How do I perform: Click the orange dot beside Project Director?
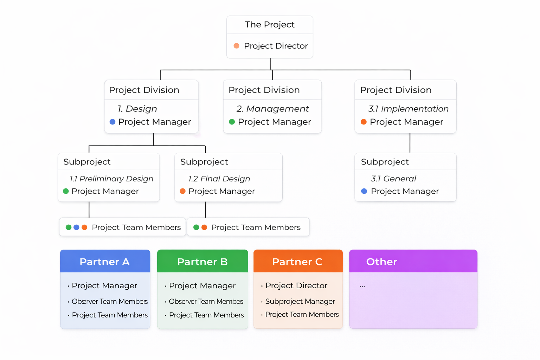(x=237, y=46)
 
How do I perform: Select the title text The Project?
(x=270, y=25)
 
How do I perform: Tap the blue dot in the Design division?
(x=112, y=122)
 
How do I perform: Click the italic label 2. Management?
(x=272, y=109)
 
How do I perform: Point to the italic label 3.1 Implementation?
(x=408, y=109)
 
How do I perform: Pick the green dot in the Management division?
(x=232, y=122)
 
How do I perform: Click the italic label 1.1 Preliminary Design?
(x=111, y=179)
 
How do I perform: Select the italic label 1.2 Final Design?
(x=219, y=179)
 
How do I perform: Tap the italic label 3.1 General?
(x=393, y=179)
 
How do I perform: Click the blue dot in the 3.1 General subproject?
(x=364, y=191)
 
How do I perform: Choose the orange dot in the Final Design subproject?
(x=182, y=191)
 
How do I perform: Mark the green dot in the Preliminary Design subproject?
(x=66, y=191)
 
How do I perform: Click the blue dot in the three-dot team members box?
(x=76, y=227)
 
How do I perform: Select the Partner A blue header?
(x=105, y=261)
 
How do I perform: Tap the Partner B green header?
(x=202, y=261)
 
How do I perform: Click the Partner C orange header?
(x=298, y=261)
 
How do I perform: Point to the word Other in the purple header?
(x=381, y=262)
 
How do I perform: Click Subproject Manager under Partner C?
(x=300, y=301)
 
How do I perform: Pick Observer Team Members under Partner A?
(x=110, y=301)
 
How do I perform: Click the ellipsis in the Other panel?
(x=362, y=286)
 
